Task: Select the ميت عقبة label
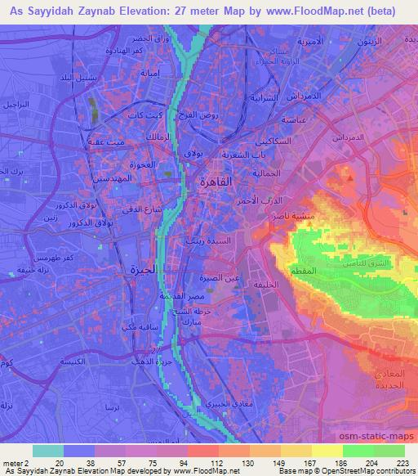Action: click(x=104, y=145)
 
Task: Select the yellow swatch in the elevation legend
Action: click(x=327, y=451)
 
